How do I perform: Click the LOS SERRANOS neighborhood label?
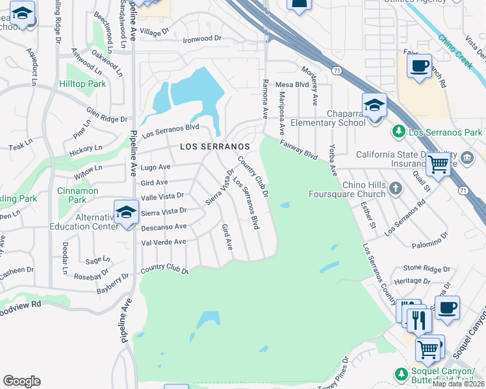pyautogui.click(x=214, y=147)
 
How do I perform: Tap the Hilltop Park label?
pyautogui.click(x=83, y=84)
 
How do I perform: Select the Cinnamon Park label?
pyautogui.click(x=77, y=195)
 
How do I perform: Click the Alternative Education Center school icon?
pyautogui.click(x=126, y=213)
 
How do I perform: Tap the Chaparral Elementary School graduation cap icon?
pyautogui.click(x=375, y=106)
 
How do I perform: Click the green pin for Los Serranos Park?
pyautogui.click(x=400, y=132)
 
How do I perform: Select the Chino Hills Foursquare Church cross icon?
pyautogui.click(x=396, y=188)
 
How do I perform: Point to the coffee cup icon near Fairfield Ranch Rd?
pyautogui.click(x=419, y=66)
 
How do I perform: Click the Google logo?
pyautogui.click(x=21, y=381)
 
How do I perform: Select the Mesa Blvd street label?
pyautogui.click(x=292, y=84)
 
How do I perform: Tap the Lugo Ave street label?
pyautogui.click(x=155, y=167)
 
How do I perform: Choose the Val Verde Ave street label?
pyautogui.click(x=164, y=242)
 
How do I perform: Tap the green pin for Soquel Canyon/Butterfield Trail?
pyautogui.click(x=400, y=373)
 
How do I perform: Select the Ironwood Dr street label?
pyautogui.click(x=203, y=39)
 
